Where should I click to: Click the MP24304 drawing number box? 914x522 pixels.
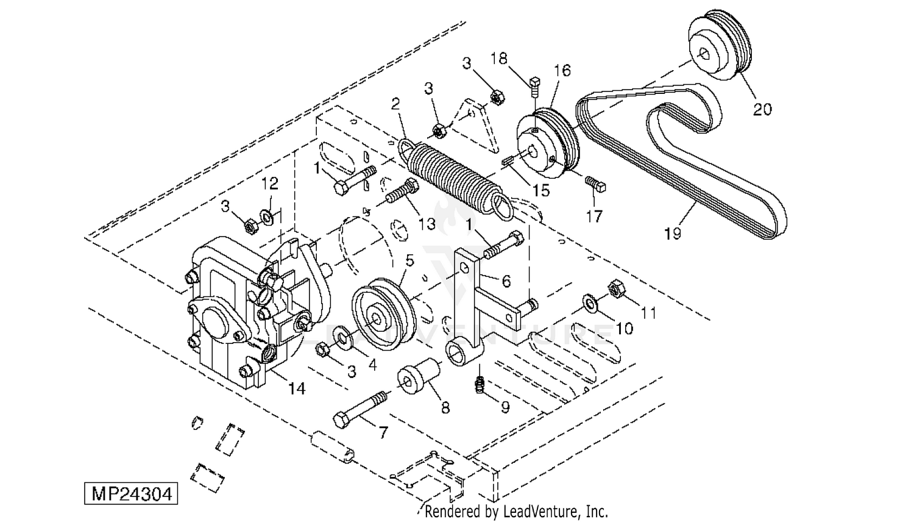pyautogui.click(x=131, y=494)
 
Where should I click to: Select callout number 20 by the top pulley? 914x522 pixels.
pyautogui.click(x=762, y=109)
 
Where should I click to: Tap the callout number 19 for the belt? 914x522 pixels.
pyautogui.click(x=673, y=234)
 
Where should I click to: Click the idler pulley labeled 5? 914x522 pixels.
pyautogui.click(x=383, y=315)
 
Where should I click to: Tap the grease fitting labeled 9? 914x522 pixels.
pyautogui.click(x=480, y=385)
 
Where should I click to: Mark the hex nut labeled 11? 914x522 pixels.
pyautogui.click(x=617, y=289)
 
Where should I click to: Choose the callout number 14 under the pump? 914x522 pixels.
pyautogui.click(x=297, y=388)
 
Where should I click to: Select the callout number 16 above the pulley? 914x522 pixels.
pyautogui.click(x=562, y=71)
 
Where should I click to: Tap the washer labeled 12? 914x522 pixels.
pyautogui.click(x=268, y=218)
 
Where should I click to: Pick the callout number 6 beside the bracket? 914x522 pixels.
pyautogui.click(x=506, y=281)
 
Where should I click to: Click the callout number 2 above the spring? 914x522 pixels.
pyautogui.click(x=395, y=104)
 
